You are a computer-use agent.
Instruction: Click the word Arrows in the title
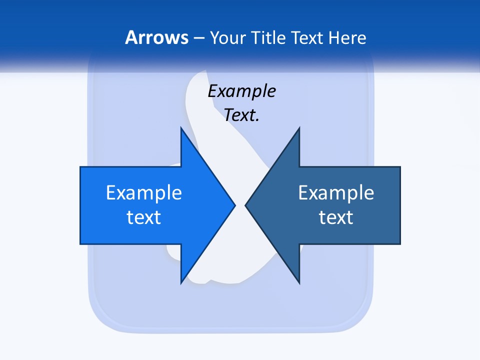click(156, 37)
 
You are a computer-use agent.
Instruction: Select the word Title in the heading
click(270, 38)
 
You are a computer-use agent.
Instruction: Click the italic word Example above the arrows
click(241, 91)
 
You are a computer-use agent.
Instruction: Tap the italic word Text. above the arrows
click(241, 115)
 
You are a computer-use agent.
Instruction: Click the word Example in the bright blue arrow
click(144, 192)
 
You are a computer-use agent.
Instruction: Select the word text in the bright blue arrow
click(144, 217)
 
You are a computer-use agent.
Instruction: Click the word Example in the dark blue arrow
click(336, 192)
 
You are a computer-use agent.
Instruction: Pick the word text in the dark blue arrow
click(336, 217)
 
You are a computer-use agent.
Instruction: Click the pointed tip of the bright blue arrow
click(234, 205)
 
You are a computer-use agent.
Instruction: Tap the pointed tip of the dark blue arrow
click(245, 205)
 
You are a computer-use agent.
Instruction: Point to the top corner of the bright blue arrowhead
click(181, 128)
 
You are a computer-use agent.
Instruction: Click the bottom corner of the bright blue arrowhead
click(181, 283)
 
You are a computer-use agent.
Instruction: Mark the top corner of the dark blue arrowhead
click(299, 128)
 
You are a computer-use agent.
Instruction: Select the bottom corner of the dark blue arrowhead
click(299, 283)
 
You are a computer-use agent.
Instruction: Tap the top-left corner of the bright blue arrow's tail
click(80, 167)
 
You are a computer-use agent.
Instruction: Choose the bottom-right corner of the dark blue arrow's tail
click(400, 244)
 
